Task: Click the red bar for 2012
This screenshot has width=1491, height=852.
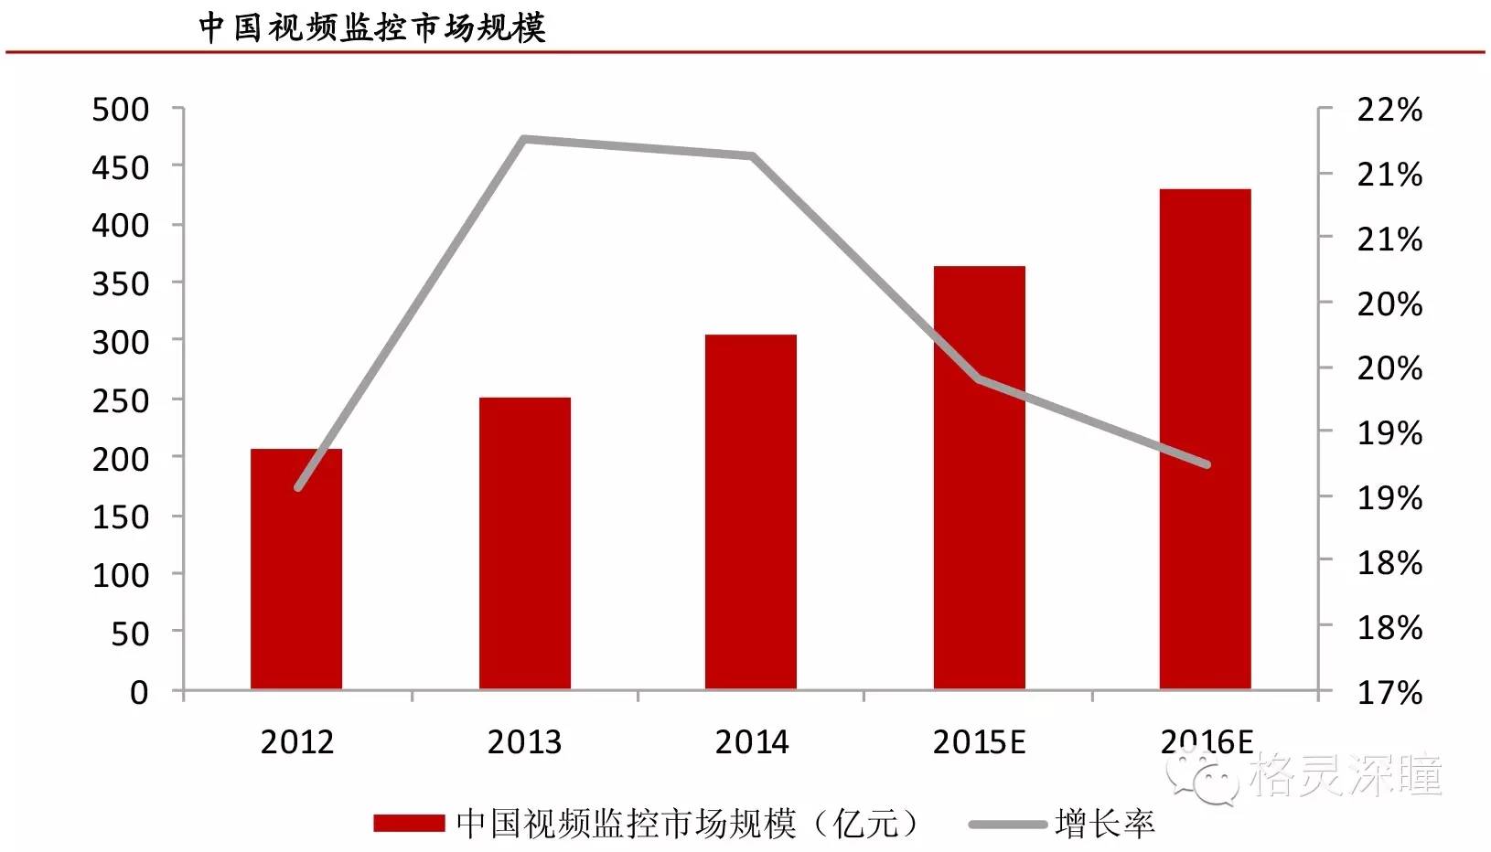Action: [296, 569]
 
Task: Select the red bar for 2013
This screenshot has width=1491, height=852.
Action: [524, 543]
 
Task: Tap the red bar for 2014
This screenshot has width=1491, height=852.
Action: [751, 512]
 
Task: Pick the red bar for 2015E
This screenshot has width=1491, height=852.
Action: [979, 477]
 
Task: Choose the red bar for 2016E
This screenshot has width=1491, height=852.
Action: [1205, 439]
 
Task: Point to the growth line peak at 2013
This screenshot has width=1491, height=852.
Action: [524, 139]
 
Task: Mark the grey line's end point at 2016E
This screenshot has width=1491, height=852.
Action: [1207, 464]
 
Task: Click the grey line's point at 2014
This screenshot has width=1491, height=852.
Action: [752, 156]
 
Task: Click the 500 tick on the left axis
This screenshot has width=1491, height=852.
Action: [121, 110]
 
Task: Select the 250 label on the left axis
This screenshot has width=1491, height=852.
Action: [121, 400]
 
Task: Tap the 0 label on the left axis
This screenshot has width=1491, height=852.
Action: [139, 692]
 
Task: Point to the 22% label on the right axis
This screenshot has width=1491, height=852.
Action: [1389, 110]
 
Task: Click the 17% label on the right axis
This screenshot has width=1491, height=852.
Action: [1389, 692]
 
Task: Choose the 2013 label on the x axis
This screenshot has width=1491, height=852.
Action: [524, 741]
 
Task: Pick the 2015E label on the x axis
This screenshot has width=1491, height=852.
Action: [979, 741]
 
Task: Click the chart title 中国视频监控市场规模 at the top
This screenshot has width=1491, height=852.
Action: [371, 27]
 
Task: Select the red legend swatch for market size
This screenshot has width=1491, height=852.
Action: [409, 824]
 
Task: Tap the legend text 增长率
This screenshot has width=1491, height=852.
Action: [1104, 824]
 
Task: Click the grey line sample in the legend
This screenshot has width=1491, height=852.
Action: [1007, 825]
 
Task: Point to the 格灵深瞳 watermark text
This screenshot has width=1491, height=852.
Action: [1345, 775]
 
